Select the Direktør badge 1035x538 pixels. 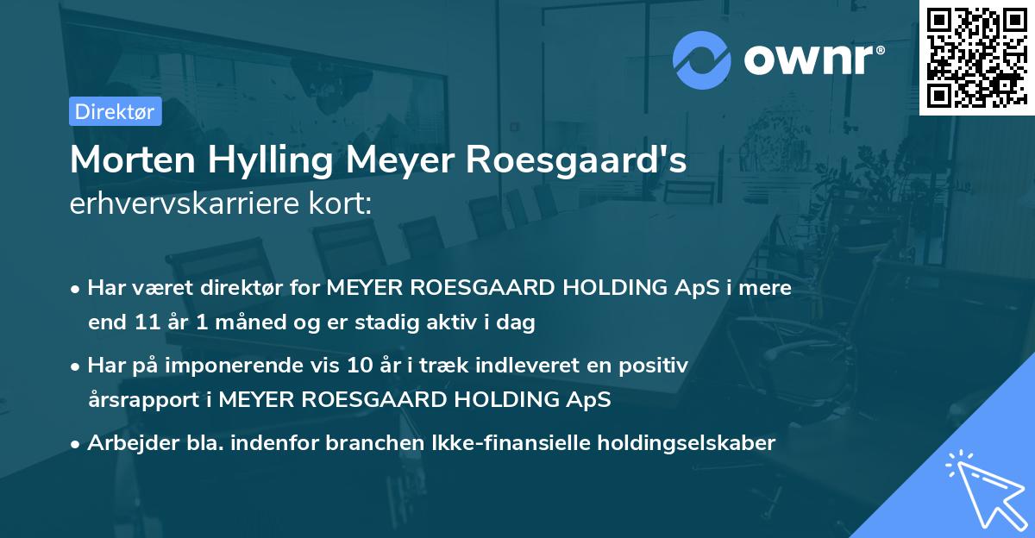[114, 111]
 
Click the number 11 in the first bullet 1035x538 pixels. [141, 323]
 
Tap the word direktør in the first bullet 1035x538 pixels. [237, 288]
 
